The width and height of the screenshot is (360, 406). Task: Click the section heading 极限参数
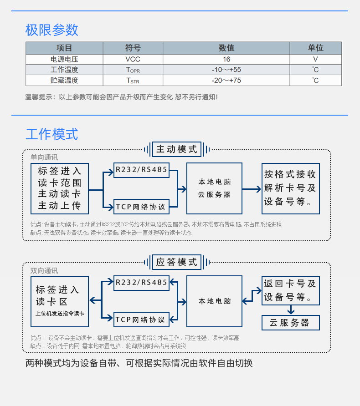52,30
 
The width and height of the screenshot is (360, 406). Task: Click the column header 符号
133,48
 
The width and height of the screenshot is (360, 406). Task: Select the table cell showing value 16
226,59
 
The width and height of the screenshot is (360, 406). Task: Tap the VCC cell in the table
133,59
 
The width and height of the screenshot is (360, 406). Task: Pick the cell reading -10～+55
226,70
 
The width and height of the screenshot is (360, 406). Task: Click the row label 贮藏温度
64,81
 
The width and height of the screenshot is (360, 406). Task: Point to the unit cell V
315,59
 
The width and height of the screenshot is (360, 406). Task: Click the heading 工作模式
52,134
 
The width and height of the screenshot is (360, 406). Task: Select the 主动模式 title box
177,149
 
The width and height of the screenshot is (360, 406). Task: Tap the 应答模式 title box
177,262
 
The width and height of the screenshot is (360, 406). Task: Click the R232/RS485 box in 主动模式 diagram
142,170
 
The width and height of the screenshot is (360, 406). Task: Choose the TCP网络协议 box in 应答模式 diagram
142,320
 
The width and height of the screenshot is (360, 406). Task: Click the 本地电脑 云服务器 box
214,188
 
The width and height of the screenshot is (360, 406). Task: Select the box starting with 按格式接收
291,188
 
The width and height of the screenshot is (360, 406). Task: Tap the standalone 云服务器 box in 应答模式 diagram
291,323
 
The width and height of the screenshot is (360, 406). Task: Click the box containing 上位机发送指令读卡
60,301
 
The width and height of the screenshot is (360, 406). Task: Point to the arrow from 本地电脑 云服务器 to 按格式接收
252,189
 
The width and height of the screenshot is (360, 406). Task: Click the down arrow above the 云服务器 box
291,310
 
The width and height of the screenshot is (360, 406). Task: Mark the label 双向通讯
44,270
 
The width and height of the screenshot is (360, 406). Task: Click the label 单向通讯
44,157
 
